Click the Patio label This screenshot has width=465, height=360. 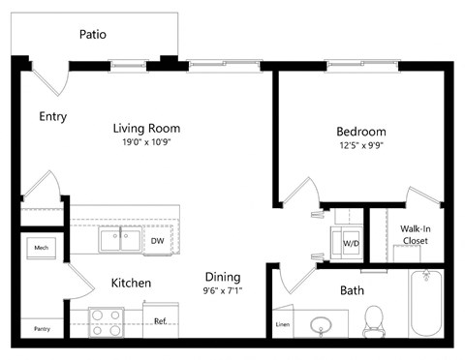93,35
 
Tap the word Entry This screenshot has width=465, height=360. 52,116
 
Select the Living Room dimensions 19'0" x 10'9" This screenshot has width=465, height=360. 146,142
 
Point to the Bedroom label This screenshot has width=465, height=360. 360,132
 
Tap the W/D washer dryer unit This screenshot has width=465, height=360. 349,243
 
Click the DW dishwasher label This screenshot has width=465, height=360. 157,240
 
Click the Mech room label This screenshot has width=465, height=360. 41,248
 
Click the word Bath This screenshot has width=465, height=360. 352,290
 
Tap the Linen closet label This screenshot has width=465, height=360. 283,324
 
